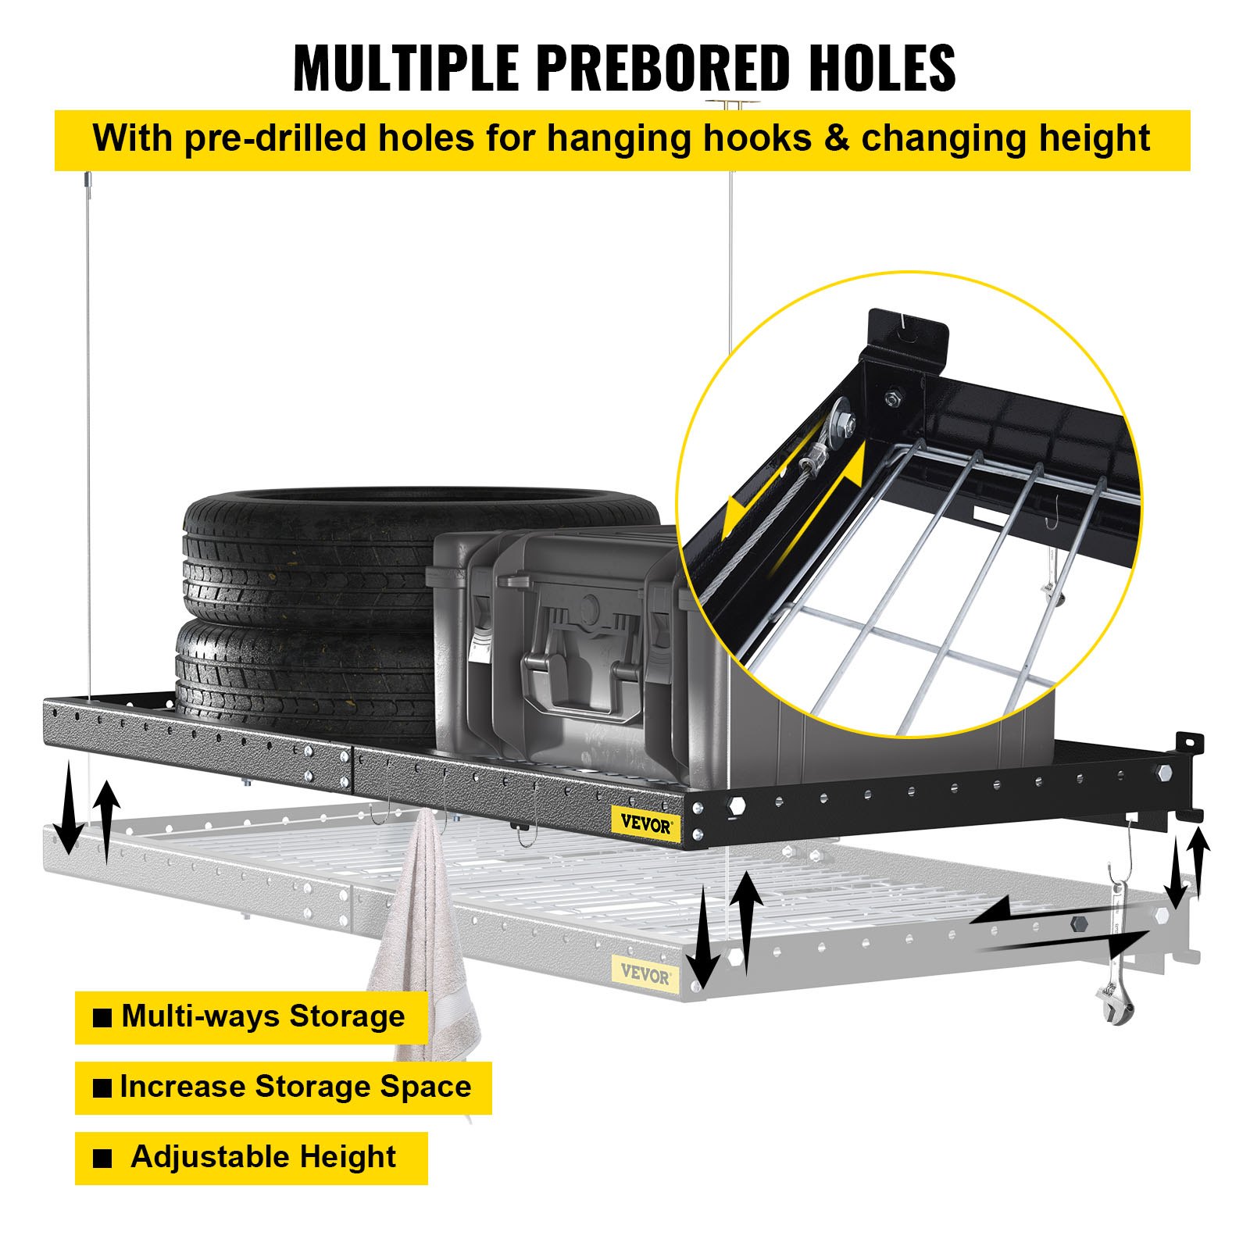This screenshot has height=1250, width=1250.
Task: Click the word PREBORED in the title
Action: click(x=663, y=68)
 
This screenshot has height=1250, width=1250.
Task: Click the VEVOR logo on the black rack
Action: click(x=645, y=824)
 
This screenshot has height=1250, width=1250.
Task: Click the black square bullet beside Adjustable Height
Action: click(x=102, y=1159)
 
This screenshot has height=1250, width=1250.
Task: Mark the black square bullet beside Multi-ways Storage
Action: click(x=102, y=1018)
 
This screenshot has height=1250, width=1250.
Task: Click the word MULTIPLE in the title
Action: click(x=405, y=68)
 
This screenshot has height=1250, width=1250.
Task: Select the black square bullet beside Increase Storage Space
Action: click(x=102, y=1088)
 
